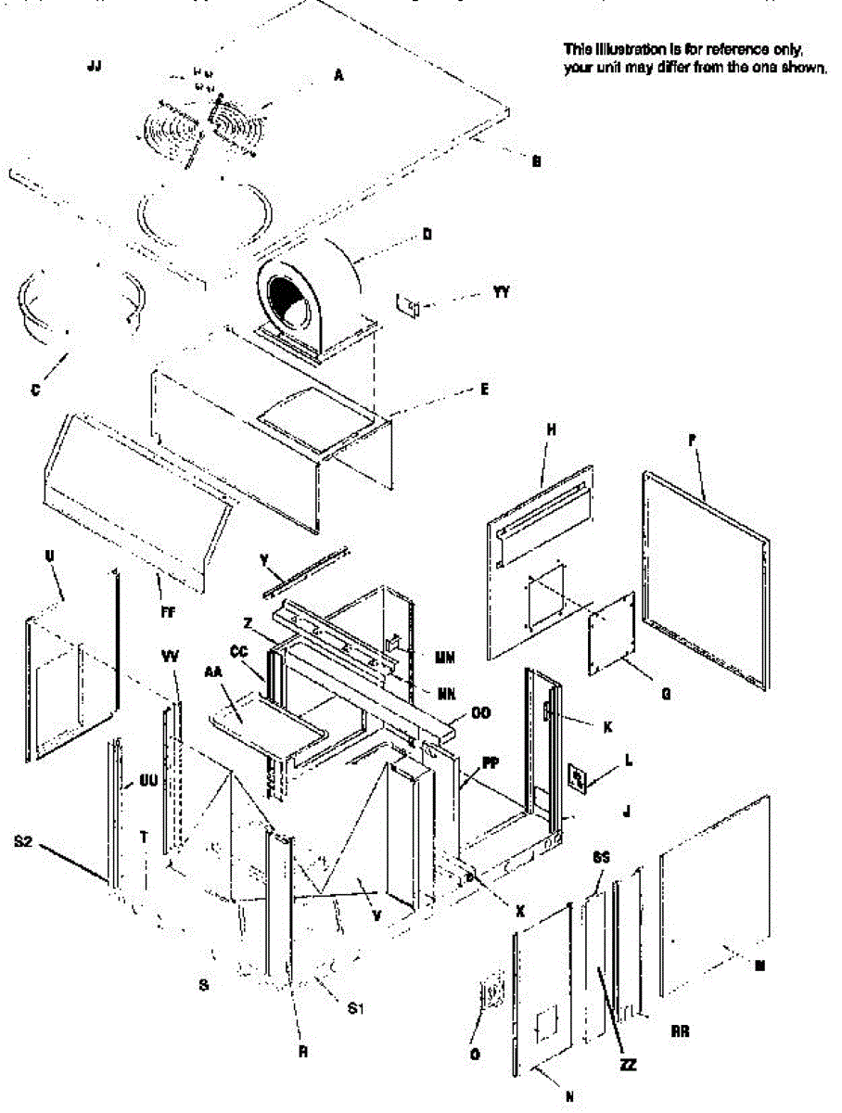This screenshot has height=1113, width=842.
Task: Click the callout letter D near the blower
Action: tap(427, 235)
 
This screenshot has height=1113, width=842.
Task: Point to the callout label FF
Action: tap(168, 612)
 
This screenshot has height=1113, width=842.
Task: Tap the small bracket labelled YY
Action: tap(409, 304)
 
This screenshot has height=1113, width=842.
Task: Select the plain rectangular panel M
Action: tap(715, 896)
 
